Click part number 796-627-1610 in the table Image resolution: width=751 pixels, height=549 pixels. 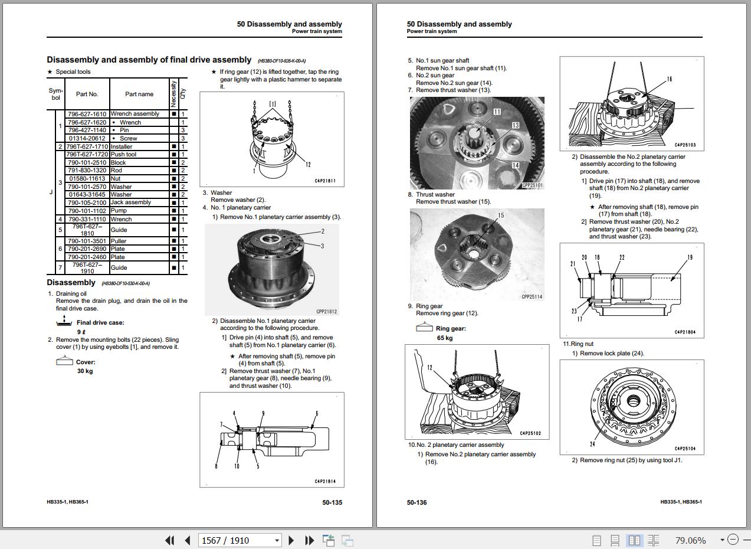pyautogui.click(x=87, y=114)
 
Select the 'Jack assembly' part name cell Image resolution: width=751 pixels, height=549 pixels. pyautogui.click(x=131, y=202)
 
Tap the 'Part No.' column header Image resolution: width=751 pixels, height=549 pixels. pyautogui.click(x=87, y=94)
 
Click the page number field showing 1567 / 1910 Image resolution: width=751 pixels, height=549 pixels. pyautogui.click(x=236, y=540)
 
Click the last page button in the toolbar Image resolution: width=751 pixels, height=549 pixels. pyautogui.click(x=309, y=540)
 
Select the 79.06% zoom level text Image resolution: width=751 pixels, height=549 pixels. pyautogui.click(x=690, y=540)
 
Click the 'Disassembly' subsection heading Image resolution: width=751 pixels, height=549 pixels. pyautogui.click(x=71, y=283)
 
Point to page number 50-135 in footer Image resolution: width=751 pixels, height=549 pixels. pyautogui.click(x=332, y=502)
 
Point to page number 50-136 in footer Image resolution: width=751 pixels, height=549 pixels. pyautogui.click(x=417, y=502)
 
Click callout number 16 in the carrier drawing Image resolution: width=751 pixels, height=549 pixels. pyautogui.click(x=670, y=79)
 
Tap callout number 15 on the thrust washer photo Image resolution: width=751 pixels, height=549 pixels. pyautogui.click(x=501, y=215)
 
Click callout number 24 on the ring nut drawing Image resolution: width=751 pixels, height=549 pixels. pyautogui.click(x=592, y=444)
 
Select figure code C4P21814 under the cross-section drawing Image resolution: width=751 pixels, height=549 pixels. pyautogui.click(x=324, y=482)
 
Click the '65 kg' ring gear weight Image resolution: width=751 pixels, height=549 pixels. pyautogui.click(x=445, y=338)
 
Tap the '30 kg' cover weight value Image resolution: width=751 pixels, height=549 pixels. pyautogui.click(x=85, y=371)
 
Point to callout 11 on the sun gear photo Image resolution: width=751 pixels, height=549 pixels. pyautogui.click(x=497, y=112)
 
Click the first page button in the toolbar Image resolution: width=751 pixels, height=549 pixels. pyautogui.click(x=170, y=540)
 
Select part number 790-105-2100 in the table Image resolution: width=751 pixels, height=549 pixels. pyautogui.click(x=87, y=202)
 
